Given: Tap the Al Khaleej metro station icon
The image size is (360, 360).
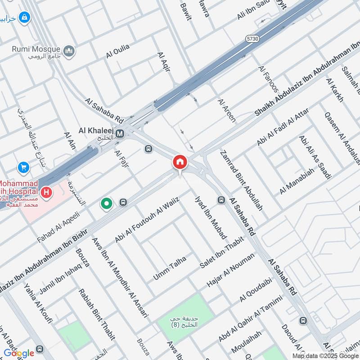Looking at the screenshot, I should (120, 133).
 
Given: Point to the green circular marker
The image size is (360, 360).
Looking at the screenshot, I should (107, 204).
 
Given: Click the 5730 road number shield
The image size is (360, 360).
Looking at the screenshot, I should (252, 40).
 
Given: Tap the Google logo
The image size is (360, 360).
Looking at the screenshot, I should (19, 353).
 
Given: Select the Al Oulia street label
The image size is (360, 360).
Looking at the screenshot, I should (118, 51).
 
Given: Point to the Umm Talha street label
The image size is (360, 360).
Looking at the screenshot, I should (169, 267).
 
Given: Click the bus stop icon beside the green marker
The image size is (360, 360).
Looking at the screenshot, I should (123, 203).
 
